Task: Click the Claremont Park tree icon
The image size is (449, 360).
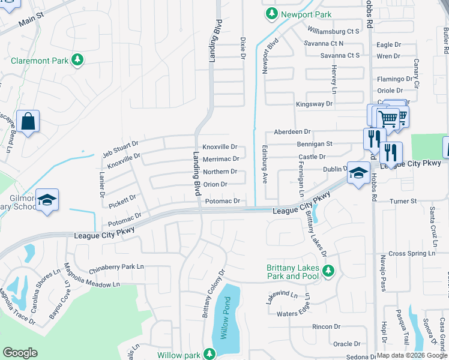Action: [x=77, y=59]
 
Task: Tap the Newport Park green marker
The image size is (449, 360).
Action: [x=272, y=13]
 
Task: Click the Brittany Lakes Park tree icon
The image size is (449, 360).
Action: [x=328, y=272]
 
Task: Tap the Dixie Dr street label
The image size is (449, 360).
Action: [x=243, y=48]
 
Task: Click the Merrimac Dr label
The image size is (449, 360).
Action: [x=221, y=159]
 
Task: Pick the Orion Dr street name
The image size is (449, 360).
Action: [x=215, y=185]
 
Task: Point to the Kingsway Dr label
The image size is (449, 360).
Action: [x=314, y=104]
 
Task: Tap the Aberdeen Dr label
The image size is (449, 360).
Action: [x=292, y=131]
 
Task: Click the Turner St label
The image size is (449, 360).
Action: [x=403, y=202]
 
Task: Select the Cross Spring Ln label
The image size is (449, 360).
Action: [x=411, y=254]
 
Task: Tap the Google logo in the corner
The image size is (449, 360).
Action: [x=20, y=353]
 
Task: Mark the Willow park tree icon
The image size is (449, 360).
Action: [x=209, y=354]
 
